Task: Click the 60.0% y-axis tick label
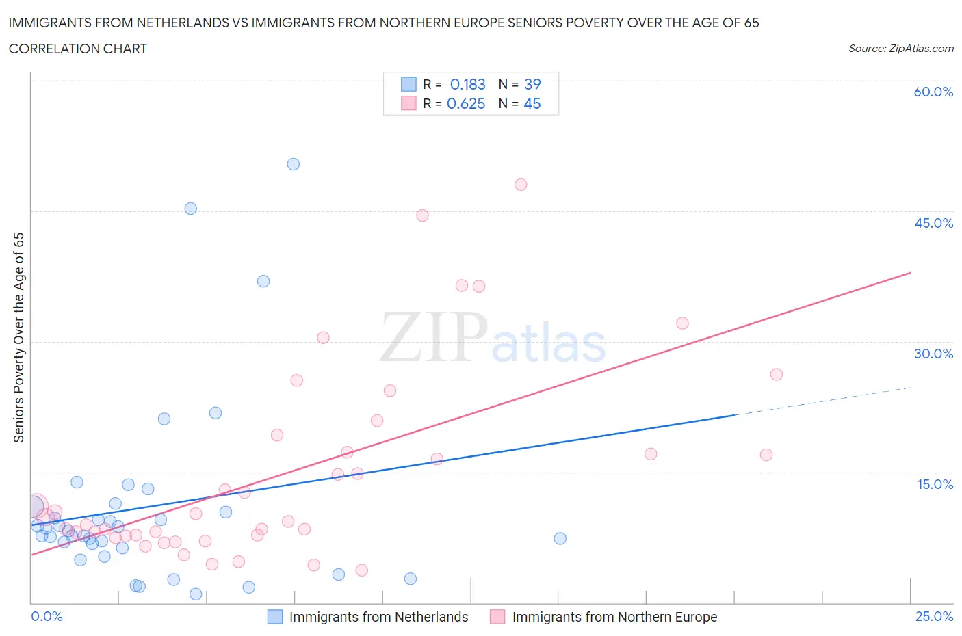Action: tap(933, 92)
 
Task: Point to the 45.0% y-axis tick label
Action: tap(933, 223)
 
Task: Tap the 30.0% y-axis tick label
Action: tap(933, 354)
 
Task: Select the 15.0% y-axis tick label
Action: tap(935, 484)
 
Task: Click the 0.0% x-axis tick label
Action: tap(47, 616)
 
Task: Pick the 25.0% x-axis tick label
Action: tap(934, 616)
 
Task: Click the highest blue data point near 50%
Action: tap(294, 164)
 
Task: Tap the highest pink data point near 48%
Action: tap(521, 185)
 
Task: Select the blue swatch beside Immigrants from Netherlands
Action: tap(274, 617)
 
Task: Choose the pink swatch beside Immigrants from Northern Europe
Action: tap(497, 617)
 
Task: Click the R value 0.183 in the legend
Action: tap(467, 84)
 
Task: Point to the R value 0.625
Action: tap(466, 103)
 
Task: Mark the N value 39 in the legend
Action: tap(532, 84)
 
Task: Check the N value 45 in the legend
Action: tap(532, 103)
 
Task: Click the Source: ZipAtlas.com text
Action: tap(900, 48)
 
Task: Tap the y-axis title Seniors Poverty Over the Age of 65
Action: tap(19, 337)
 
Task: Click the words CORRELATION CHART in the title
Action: tap(78, 49)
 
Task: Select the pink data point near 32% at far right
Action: tap(682, 323)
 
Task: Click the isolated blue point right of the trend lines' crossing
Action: tap(560, 538)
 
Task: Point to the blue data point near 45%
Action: tap(191, 209)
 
